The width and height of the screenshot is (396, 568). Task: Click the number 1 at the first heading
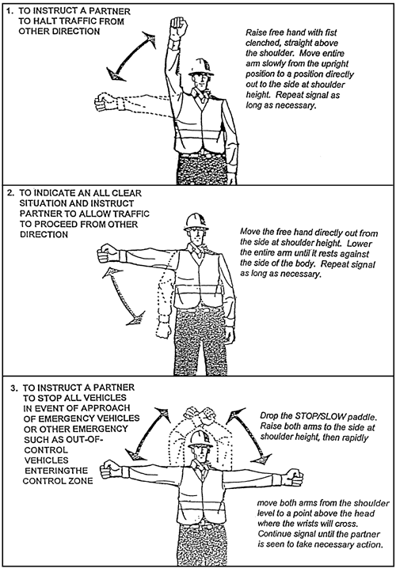pyautogui.click(x=10, y=11)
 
